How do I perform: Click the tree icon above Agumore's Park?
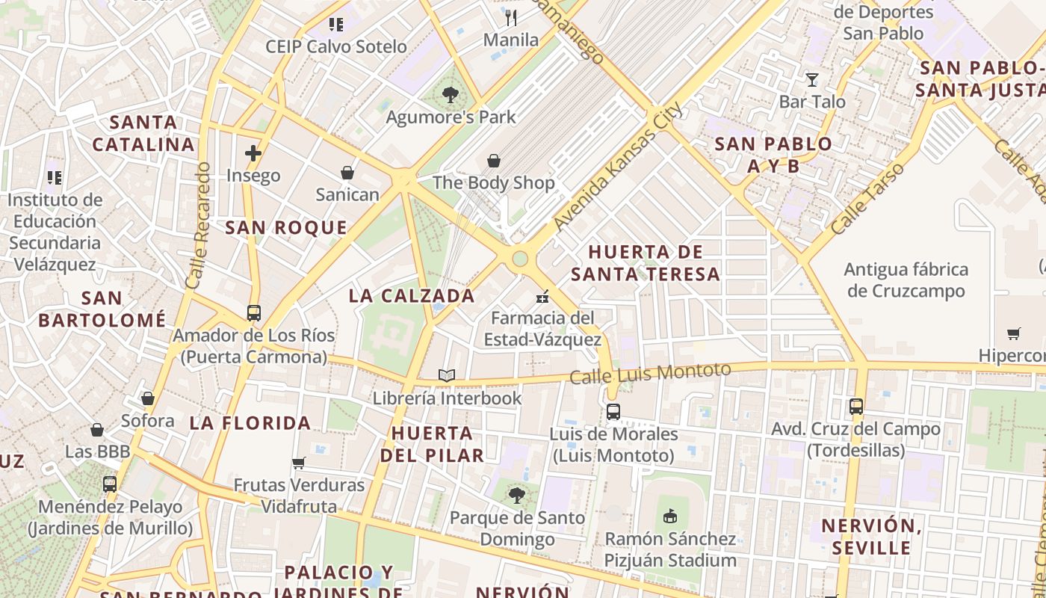(450, 95)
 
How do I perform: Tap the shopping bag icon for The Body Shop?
(493, 161)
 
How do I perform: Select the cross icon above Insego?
(253, 153)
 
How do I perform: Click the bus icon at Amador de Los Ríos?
(254, 313)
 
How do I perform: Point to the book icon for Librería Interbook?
(446, 375)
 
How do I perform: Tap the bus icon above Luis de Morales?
(613, 411)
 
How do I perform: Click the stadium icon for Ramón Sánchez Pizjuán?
(670, 516)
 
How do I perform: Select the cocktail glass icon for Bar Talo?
(812, 79)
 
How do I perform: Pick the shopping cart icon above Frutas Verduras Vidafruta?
(299, 463)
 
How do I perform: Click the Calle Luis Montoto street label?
(650, 373)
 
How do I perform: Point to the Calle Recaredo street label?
(199, 226)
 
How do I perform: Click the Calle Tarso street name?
(867, 199)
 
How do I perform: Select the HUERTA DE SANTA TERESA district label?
(646, 262)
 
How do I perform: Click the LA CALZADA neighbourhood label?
(412, 295)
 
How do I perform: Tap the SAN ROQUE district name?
(286, 228)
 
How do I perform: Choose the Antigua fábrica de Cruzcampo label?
(906, 280)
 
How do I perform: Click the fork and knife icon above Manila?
(511, 17)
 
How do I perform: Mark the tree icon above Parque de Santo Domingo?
(516, 494)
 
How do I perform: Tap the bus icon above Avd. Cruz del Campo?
(856, 407)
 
